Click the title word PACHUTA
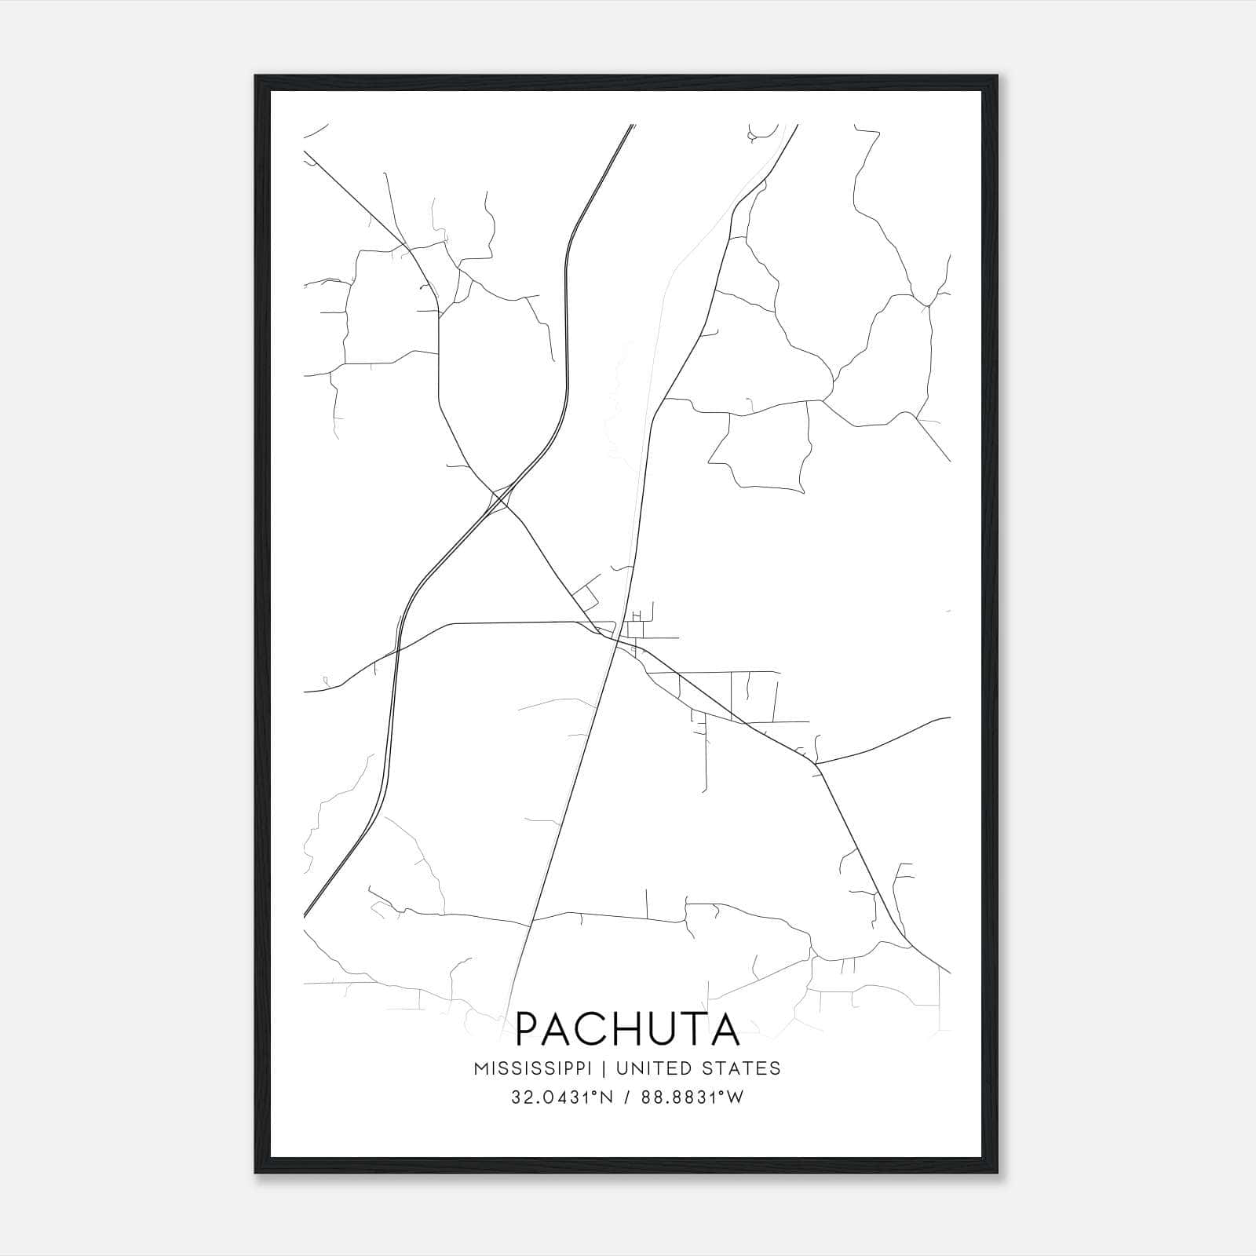point(627,1029)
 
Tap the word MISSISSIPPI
point(539,1068)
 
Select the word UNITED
point(655,1068)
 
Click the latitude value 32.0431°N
point(560,1097)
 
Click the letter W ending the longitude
point(735,1097)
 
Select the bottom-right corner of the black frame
point(999,1173)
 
